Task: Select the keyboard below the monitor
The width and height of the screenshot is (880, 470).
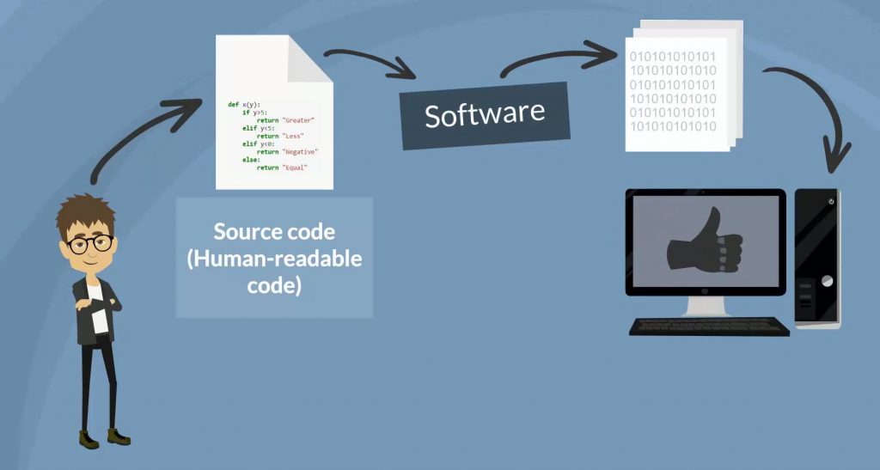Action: [709, 327]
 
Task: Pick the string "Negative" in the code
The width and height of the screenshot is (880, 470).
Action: [299, 151]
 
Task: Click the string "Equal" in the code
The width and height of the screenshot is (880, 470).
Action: [293, 167]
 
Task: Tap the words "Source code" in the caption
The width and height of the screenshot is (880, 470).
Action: [274, 232]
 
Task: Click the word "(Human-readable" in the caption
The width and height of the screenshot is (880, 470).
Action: [274, 259]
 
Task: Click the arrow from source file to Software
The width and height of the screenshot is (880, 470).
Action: [370, 62]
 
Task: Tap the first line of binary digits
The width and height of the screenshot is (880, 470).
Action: [673, 58]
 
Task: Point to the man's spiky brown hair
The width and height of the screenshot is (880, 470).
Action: [86, 211]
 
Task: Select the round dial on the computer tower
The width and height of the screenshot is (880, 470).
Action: [826, 281]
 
